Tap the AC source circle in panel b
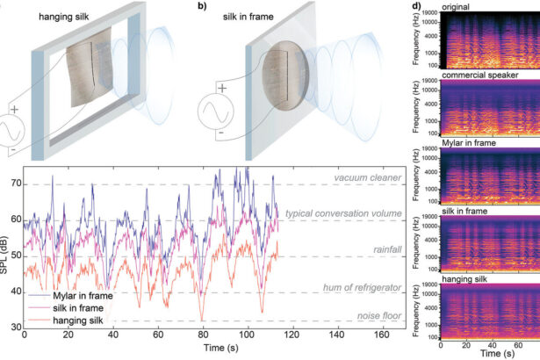214,113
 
